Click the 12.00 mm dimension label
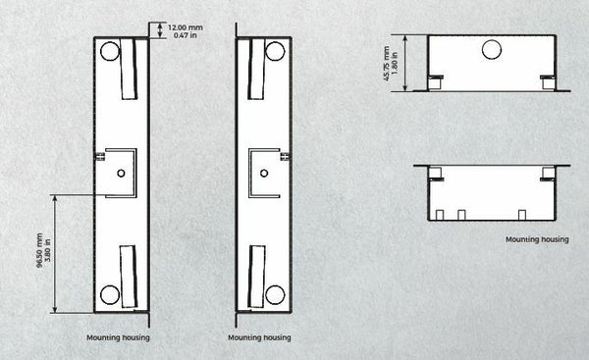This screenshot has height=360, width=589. click(x=186, y=27)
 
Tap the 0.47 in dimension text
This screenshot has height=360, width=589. click(x=186, y=35)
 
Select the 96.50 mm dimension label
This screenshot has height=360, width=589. click(x=39, y=250)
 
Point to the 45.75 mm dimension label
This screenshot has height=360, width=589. click(x=387, y=64)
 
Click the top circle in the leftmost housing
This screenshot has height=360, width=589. click(x=110, y=51)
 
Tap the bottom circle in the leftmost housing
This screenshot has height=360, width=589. click(x=110, y=294)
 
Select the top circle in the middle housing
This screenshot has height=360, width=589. click(x=275, y=51)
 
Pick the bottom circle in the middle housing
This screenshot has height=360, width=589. click(x=275, y=294)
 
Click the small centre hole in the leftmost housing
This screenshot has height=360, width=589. click(x=121, y=173)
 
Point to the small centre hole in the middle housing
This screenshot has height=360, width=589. click(x=264, y=173)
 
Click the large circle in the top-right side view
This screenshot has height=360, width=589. click(x=492, y=50)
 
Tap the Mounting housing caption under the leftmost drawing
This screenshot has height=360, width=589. click(x=118, y=337)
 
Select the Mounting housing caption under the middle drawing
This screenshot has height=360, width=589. click(x=259, y=337)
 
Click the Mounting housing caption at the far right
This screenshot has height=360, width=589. click(x=537, y=239)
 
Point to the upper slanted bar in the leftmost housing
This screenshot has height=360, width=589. click(x=128, y=69)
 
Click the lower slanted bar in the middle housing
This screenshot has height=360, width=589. click(x=257, y=277)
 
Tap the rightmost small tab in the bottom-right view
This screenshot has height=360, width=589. click(x=522, y=215)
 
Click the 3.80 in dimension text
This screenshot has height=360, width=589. click(x=47, y=250)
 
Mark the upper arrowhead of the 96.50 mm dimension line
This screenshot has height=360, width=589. click(x=55, y=198)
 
